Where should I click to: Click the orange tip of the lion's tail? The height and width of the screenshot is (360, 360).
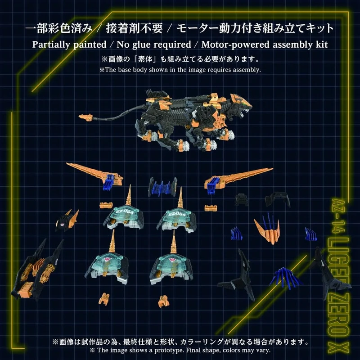pos(85,117)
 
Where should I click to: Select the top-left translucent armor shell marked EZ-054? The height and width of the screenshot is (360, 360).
pos(124,215)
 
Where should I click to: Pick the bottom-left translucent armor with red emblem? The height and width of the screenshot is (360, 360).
pos(108,262)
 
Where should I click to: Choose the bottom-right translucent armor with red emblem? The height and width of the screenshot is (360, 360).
pos(171,264)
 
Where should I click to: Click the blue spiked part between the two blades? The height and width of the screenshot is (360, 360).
pos(162,187)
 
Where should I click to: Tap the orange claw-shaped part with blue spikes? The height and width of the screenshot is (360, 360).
pos(268,229)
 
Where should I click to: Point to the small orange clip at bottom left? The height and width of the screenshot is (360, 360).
pos(104,298)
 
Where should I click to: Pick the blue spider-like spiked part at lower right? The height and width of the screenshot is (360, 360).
pos(285,278)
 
